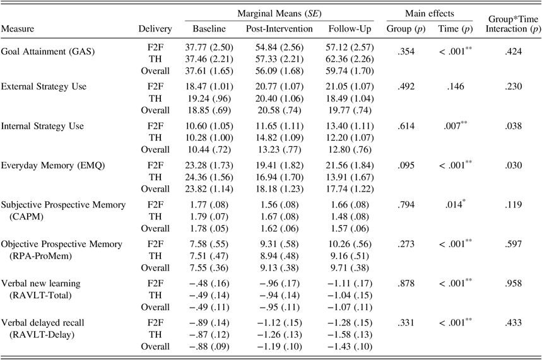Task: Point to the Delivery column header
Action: pyautogui.click(x=155, y=30)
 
